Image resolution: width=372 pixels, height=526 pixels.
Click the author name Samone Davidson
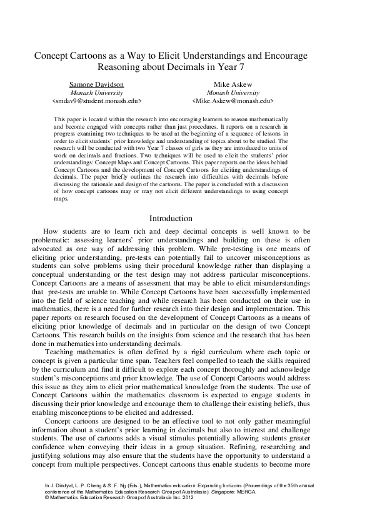96,84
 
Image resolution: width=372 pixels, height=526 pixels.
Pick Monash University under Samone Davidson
96,92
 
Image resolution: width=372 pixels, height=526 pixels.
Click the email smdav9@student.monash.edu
96,100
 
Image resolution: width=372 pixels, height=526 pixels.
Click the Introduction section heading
171,219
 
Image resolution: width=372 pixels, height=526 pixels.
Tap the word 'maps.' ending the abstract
61,198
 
